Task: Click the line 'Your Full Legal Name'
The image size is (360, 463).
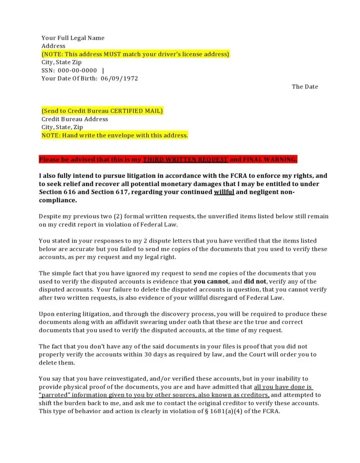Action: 73,38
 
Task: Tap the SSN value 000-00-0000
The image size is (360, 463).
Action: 77,71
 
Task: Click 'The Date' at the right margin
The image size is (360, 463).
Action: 305,87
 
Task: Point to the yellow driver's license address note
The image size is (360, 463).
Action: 136,54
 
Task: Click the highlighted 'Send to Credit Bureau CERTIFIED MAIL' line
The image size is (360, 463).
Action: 102,111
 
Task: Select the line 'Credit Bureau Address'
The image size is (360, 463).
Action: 75,119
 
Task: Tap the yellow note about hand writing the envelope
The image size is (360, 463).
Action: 115,135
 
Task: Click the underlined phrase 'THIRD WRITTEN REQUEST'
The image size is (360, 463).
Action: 185,160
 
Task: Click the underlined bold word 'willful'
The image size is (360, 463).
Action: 224,192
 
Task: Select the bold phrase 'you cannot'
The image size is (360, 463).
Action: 211,281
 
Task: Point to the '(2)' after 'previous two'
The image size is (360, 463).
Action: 118,216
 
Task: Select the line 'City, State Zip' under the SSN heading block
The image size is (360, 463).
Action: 61,62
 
